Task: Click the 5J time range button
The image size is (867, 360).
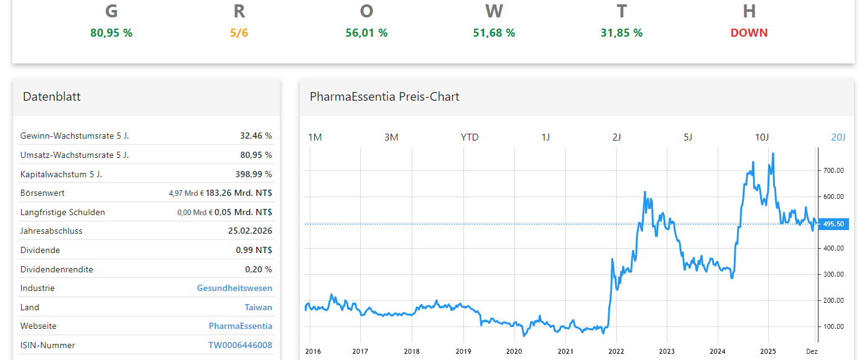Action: pyautogui.click(x=687, y=137)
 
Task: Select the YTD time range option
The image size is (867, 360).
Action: pyautogui.click(x=470, y=137)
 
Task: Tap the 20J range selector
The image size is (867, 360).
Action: pyautogui.click(x=838, y=137)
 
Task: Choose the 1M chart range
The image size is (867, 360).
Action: pyautogui.click(x=315, y=137)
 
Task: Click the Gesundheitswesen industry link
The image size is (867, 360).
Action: pyautogui.click(x=234, y=288)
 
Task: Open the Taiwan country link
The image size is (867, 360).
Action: pyautogui.click(x=258, y=307)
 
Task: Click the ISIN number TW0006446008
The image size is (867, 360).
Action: pyautogui.click(x=240, y=345)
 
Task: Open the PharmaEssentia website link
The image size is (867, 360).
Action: pyautogui.click(x=240, y=326)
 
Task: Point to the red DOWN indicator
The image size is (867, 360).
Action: pyautogui.click(x=749, y=33)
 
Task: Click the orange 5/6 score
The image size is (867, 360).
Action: pyautogui.click(x=239, y=33)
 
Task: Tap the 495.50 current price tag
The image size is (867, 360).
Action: pyautogui.click(x=833, y=224)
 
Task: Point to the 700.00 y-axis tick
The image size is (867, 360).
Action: pyautogui.click(x=833, y=170)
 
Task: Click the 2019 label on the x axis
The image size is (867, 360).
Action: pyautogui.click(x=463, y=351)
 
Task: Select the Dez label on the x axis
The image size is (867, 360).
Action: pyautogui.click(x=811, y=351)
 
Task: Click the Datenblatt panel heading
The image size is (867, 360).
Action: pyautogui.click(x=52, y=96)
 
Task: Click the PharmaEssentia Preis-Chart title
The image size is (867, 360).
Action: pyautogui.click(x=384, y=96)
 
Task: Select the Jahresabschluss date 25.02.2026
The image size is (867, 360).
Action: pyautogui.click(x=250, y=231)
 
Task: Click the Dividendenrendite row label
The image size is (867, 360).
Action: pyautogui.click(x=57, y=269)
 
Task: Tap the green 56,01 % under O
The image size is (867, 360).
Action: pyautogui.click(x=366, y=33)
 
